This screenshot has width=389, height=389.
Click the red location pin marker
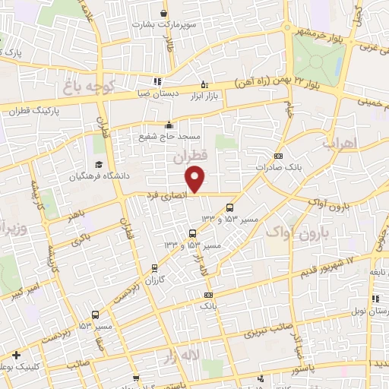click(196, 180)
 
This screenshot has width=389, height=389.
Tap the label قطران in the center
click(189, 159)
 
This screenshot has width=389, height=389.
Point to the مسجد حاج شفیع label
click(169, 137)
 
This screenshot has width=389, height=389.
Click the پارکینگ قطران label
click(39, 111)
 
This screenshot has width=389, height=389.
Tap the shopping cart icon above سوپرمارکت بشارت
click(164, 13)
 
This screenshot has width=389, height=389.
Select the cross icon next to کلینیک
click(17, 355)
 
